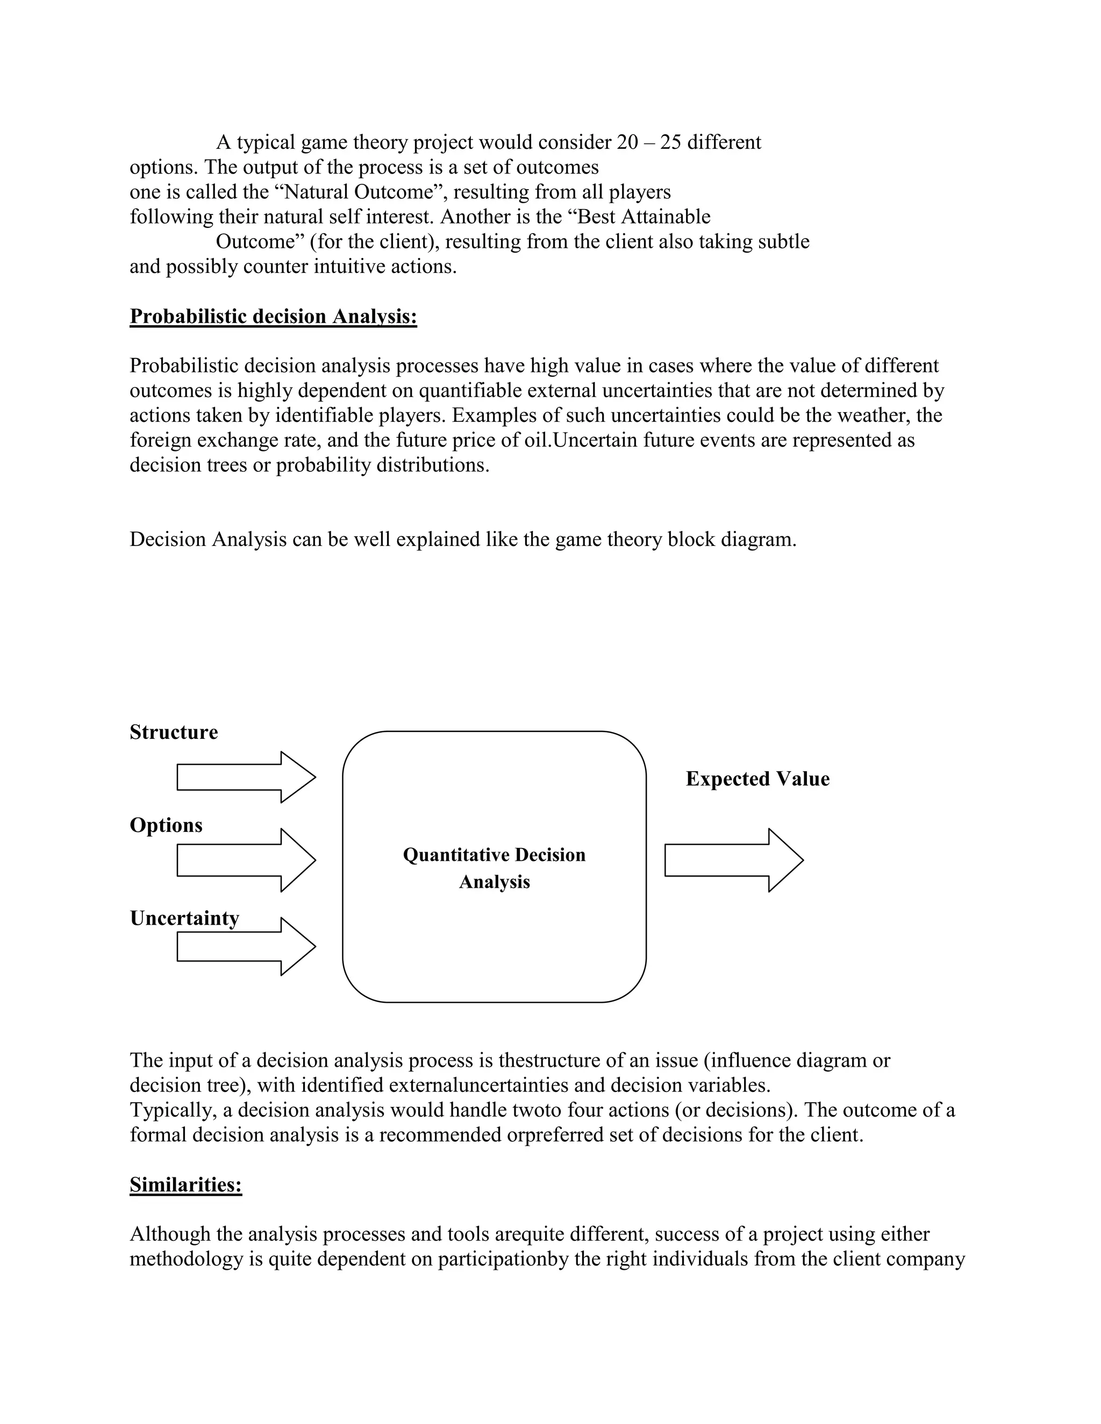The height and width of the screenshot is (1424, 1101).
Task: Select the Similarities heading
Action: click(186, 1185)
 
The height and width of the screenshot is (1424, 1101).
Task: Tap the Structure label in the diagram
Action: click(174, 732)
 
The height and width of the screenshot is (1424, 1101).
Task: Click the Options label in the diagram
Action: click(166, 825)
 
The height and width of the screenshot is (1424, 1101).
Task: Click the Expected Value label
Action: click(757, 779)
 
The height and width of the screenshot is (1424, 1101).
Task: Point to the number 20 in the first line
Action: click(627, 142)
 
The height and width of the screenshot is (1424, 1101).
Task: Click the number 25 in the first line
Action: click(670, 142)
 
